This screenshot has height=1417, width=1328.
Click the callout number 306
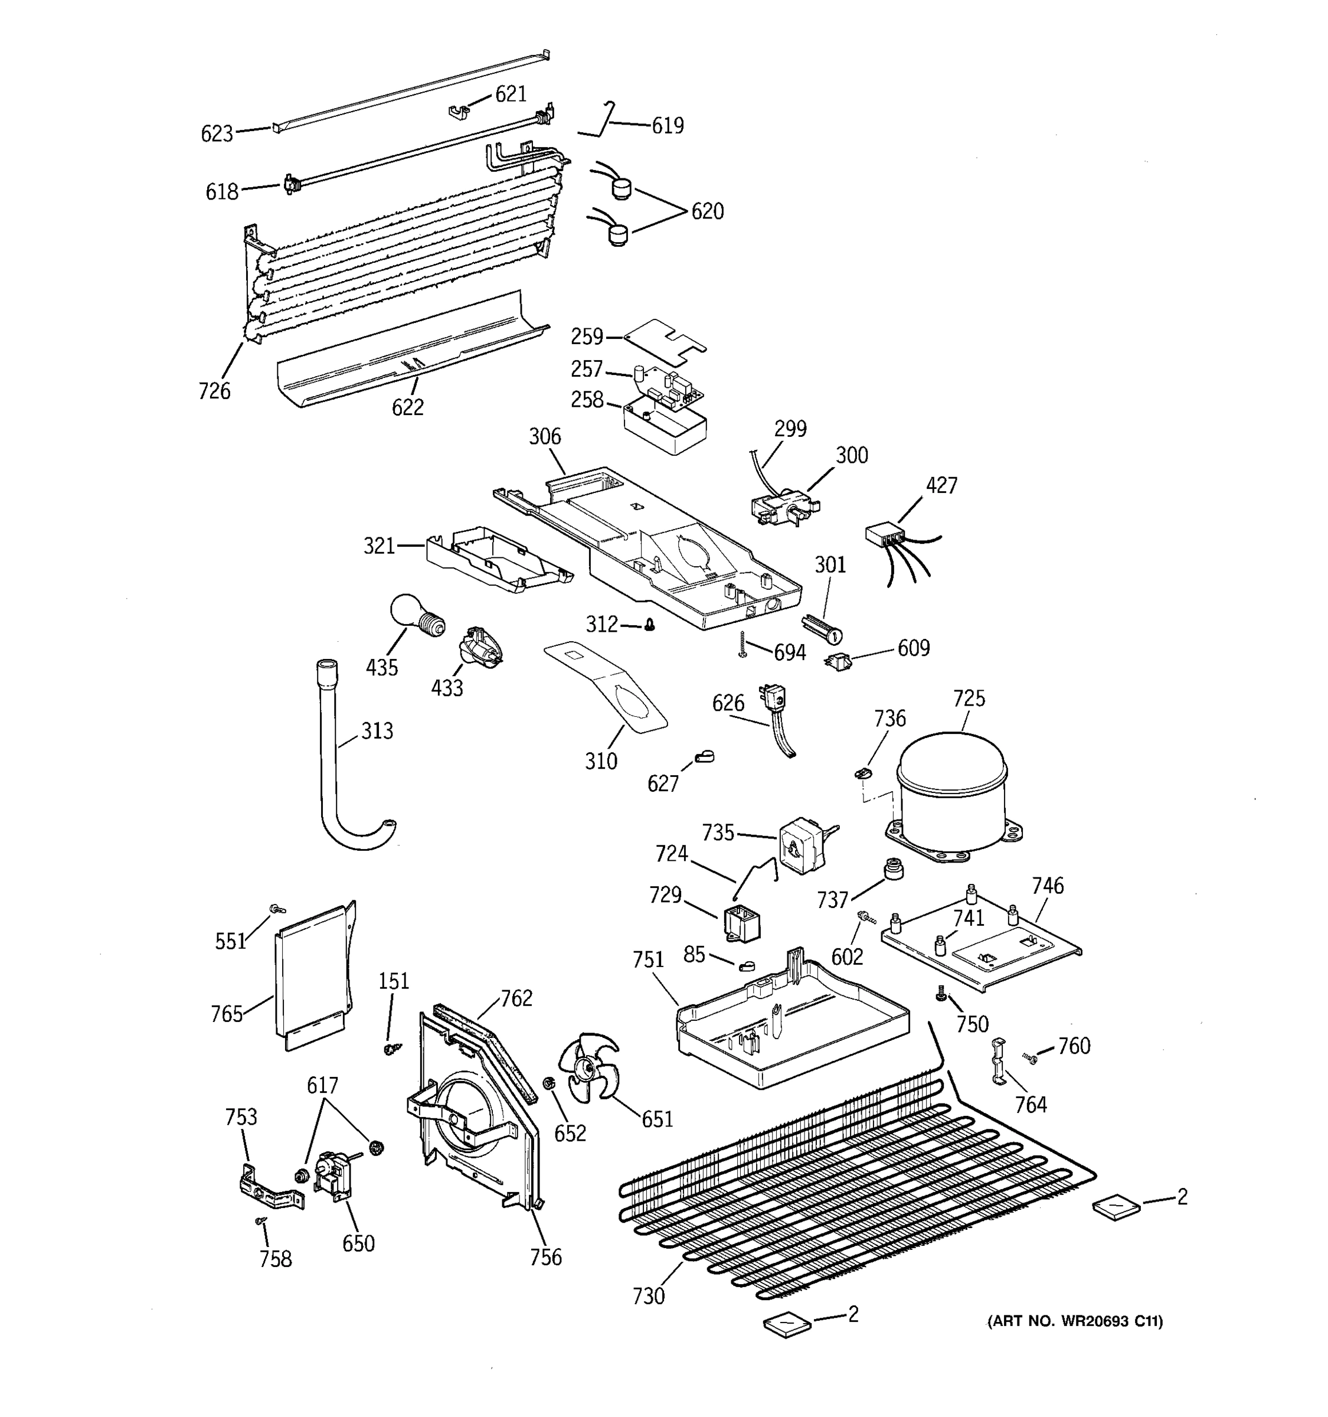click(544, 436)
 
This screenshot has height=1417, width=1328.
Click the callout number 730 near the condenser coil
click(648, 1295)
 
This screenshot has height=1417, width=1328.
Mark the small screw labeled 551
click(275, 909)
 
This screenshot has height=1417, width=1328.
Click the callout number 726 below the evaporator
click(214, 391)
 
